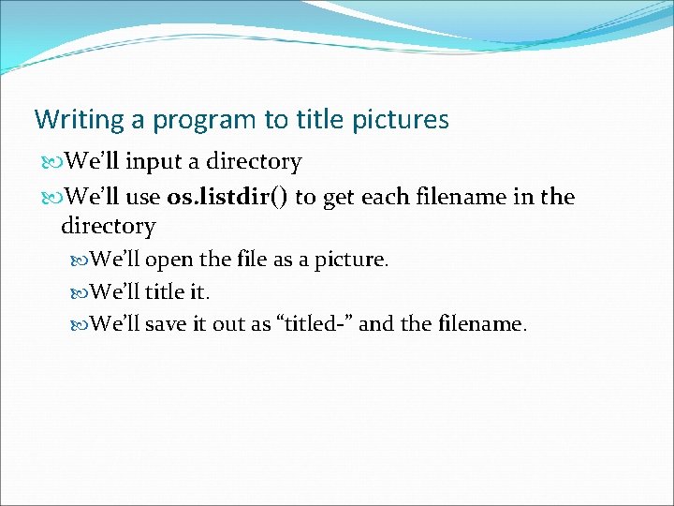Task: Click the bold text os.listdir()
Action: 227,197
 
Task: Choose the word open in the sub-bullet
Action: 168,260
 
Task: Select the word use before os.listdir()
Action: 143,197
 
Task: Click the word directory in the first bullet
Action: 254,162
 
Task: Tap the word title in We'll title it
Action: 165,292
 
